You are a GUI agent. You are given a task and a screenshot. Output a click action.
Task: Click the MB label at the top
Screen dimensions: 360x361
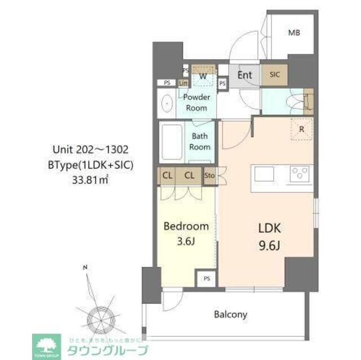click(294, 33)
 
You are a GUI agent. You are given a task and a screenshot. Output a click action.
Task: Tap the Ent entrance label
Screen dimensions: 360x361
click(244, 74)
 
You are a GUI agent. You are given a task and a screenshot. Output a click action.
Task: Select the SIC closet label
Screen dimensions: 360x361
click(274, 74)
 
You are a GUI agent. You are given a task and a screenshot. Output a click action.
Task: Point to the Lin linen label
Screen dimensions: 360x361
click(183, 83)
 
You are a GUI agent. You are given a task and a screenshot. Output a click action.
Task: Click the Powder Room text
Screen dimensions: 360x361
click(197, 102)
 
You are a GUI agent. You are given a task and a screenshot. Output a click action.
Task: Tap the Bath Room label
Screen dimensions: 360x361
click(200, 141)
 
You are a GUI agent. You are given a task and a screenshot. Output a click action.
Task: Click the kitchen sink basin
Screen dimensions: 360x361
click(264, 174)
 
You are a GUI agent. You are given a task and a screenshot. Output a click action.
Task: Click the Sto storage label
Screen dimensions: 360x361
click(209, 175)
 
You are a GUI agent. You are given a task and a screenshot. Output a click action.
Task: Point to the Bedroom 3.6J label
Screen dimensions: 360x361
click(186, 233)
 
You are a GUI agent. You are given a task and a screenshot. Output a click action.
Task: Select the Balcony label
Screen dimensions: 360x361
click(230, 314)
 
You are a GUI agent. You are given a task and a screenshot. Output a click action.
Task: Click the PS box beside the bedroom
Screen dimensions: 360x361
click(207, 278)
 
